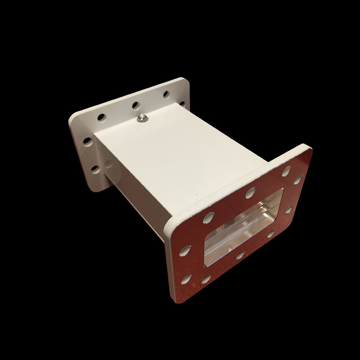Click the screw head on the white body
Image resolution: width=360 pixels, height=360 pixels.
coord(141,117)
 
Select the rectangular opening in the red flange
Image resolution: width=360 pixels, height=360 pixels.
coord(243,228)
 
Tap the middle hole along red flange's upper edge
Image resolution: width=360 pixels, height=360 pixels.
coord(250,193)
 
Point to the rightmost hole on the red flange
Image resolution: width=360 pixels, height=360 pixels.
coord(297,180)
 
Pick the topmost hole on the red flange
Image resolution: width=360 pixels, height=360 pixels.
coord(286,171)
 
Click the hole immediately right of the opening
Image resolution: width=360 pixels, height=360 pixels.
coord(289,209)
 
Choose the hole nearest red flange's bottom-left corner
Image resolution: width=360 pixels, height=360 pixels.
coord(186,279)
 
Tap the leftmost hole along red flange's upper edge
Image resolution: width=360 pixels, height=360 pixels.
coord(208,218)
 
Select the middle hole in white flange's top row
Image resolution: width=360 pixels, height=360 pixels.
coord(135,106)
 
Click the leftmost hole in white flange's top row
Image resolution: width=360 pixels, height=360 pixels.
coord(101,117)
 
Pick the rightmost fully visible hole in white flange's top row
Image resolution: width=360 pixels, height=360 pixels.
coord(166,94)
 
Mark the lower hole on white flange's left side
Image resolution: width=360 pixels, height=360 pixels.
coord(95,169)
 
